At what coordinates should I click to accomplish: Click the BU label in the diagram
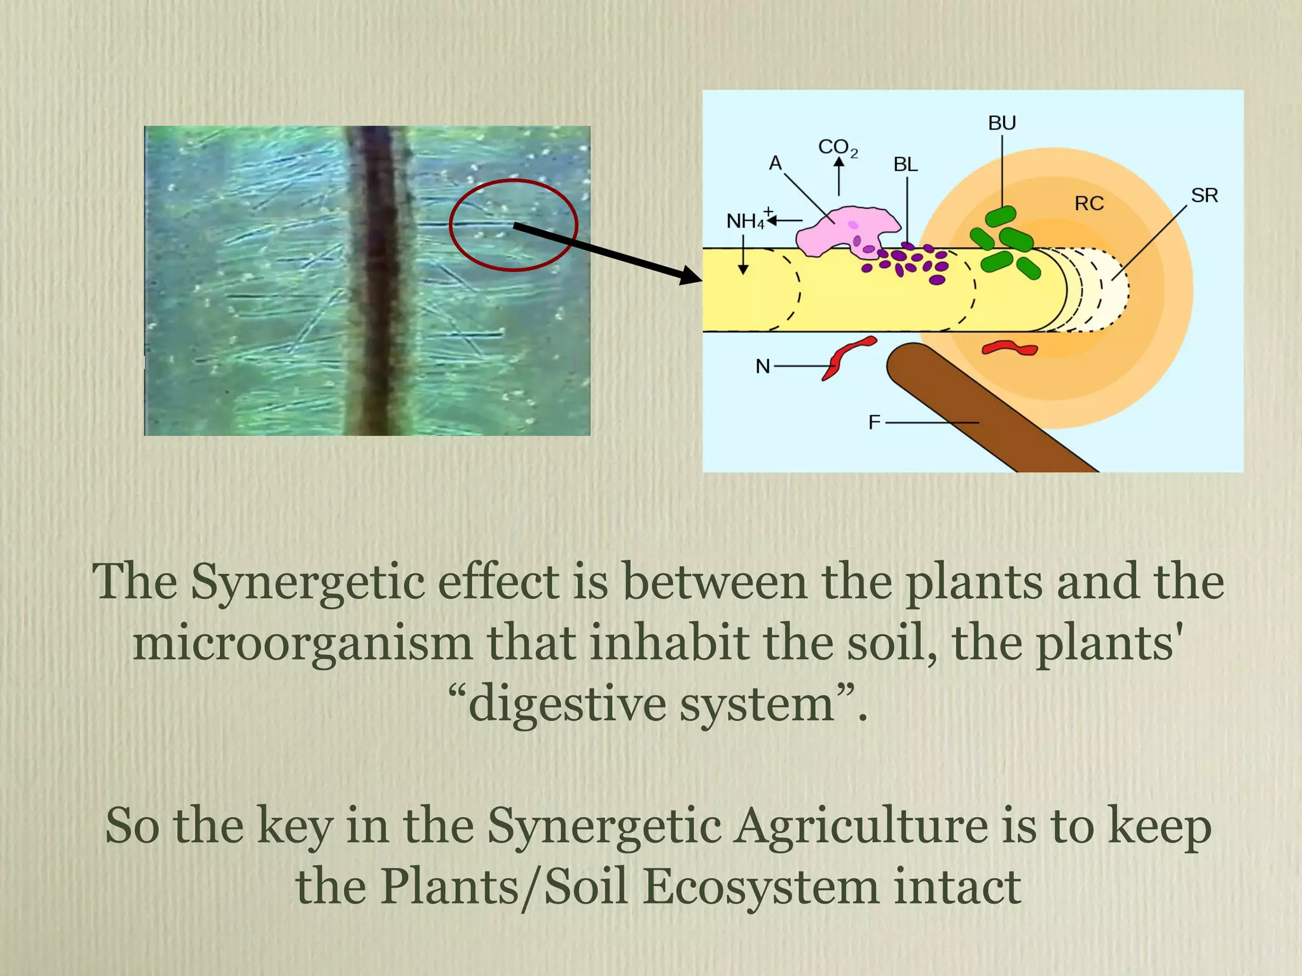1002,123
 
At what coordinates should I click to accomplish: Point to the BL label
905,165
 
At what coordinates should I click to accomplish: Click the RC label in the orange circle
1089,203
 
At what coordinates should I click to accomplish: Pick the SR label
1204,195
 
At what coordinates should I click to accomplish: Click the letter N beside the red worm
763,367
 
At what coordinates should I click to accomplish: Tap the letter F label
875,422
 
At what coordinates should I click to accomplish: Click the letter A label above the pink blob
775,163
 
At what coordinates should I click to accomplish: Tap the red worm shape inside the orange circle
1010,348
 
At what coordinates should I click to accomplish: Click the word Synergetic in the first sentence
308,581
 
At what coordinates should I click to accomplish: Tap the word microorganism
303,643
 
